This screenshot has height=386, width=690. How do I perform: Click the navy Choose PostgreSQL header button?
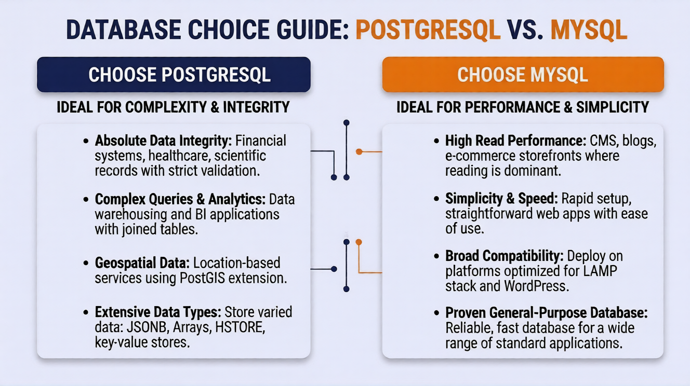tap(174, 75)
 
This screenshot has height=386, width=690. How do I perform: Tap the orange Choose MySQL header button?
tap(523, 75)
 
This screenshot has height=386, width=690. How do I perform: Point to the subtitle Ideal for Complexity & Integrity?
tap(173, 107)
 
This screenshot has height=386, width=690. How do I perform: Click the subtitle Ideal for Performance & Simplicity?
tap(523, 107)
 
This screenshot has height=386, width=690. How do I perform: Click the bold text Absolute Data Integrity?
tap(164, 141)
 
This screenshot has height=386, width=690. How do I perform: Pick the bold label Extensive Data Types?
tap(159, 313)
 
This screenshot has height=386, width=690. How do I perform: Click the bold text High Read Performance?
tap(515, 141)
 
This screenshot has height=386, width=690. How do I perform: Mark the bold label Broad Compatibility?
tap(505, 256)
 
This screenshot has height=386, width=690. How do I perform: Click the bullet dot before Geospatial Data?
tap(86, 264)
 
